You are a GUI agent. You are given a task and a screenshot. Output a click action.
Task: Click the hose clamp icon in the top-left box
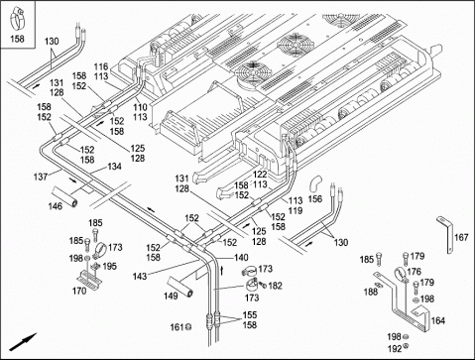tap(17, 21)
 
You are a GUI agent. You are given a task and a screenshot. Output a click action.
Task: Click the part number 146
tap(56, 206)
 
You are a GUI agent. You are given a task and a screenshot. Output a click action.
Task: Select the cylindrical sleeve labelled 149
tap(179, 285)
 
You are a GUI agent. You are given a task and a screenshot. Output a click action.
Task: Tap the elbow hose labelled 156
tap(316, 183)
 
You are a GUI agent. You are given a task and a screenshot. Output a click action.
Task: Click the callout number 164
tap(438, 320)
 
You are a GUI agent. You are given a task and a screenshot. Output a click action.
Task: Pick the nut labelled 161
tap(187, 327)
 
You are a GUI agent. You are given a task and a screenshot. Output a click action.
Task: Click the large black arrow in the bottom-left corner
tap(23, 342)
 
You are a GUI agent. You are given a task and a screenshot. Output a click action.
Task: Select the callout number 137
tap(41, 177)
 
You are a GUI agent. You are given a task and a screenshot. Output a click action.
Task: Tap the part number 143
tap(140, 276)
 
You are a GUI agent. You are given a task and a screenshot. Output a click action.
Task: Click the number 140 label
tap(241, 257)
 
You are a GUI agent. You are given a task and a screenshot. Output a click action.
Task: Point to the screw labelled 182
tap(264, 284)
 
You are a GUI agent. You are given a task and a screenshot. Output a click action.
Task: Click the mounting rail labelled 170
tap(90, 279)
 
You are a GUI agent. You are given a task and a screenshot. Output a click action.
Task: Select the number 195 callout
tap(109, 266)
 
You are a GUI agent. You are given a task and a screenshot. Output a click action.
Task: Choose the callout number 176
tap(414, 272)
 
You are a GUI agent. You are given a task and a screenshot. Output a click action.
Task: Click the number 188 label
tap(371, 292)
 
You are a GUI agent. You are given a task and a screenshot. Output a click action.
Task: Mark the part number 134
tap(114, 167)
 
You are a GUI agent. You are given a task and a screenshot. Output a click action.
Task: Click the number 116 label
tap(101, 66)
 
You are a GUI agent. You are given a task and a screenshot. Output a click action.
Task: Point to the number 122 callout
tap(260, 175)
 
